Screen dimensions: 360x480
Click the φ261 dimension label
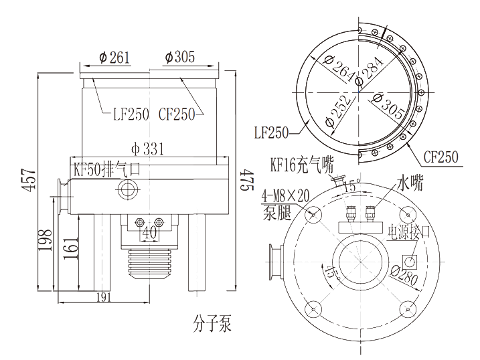click(113, 58)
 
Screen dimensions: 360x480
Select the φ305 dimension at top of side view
click(179, 58)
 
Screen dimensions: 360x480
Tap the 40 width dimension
click(149, 234)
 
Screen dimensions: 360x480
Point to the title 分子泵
click(210, 326)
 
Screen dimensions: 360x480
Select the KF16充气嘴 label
click(302, 165)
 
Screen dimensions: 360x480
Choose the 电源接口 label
click(410, 232)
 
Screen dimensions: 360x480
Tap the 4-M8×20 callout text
click(287, 196)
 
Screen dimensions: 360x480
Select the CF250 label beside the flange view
click(441, 157)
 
